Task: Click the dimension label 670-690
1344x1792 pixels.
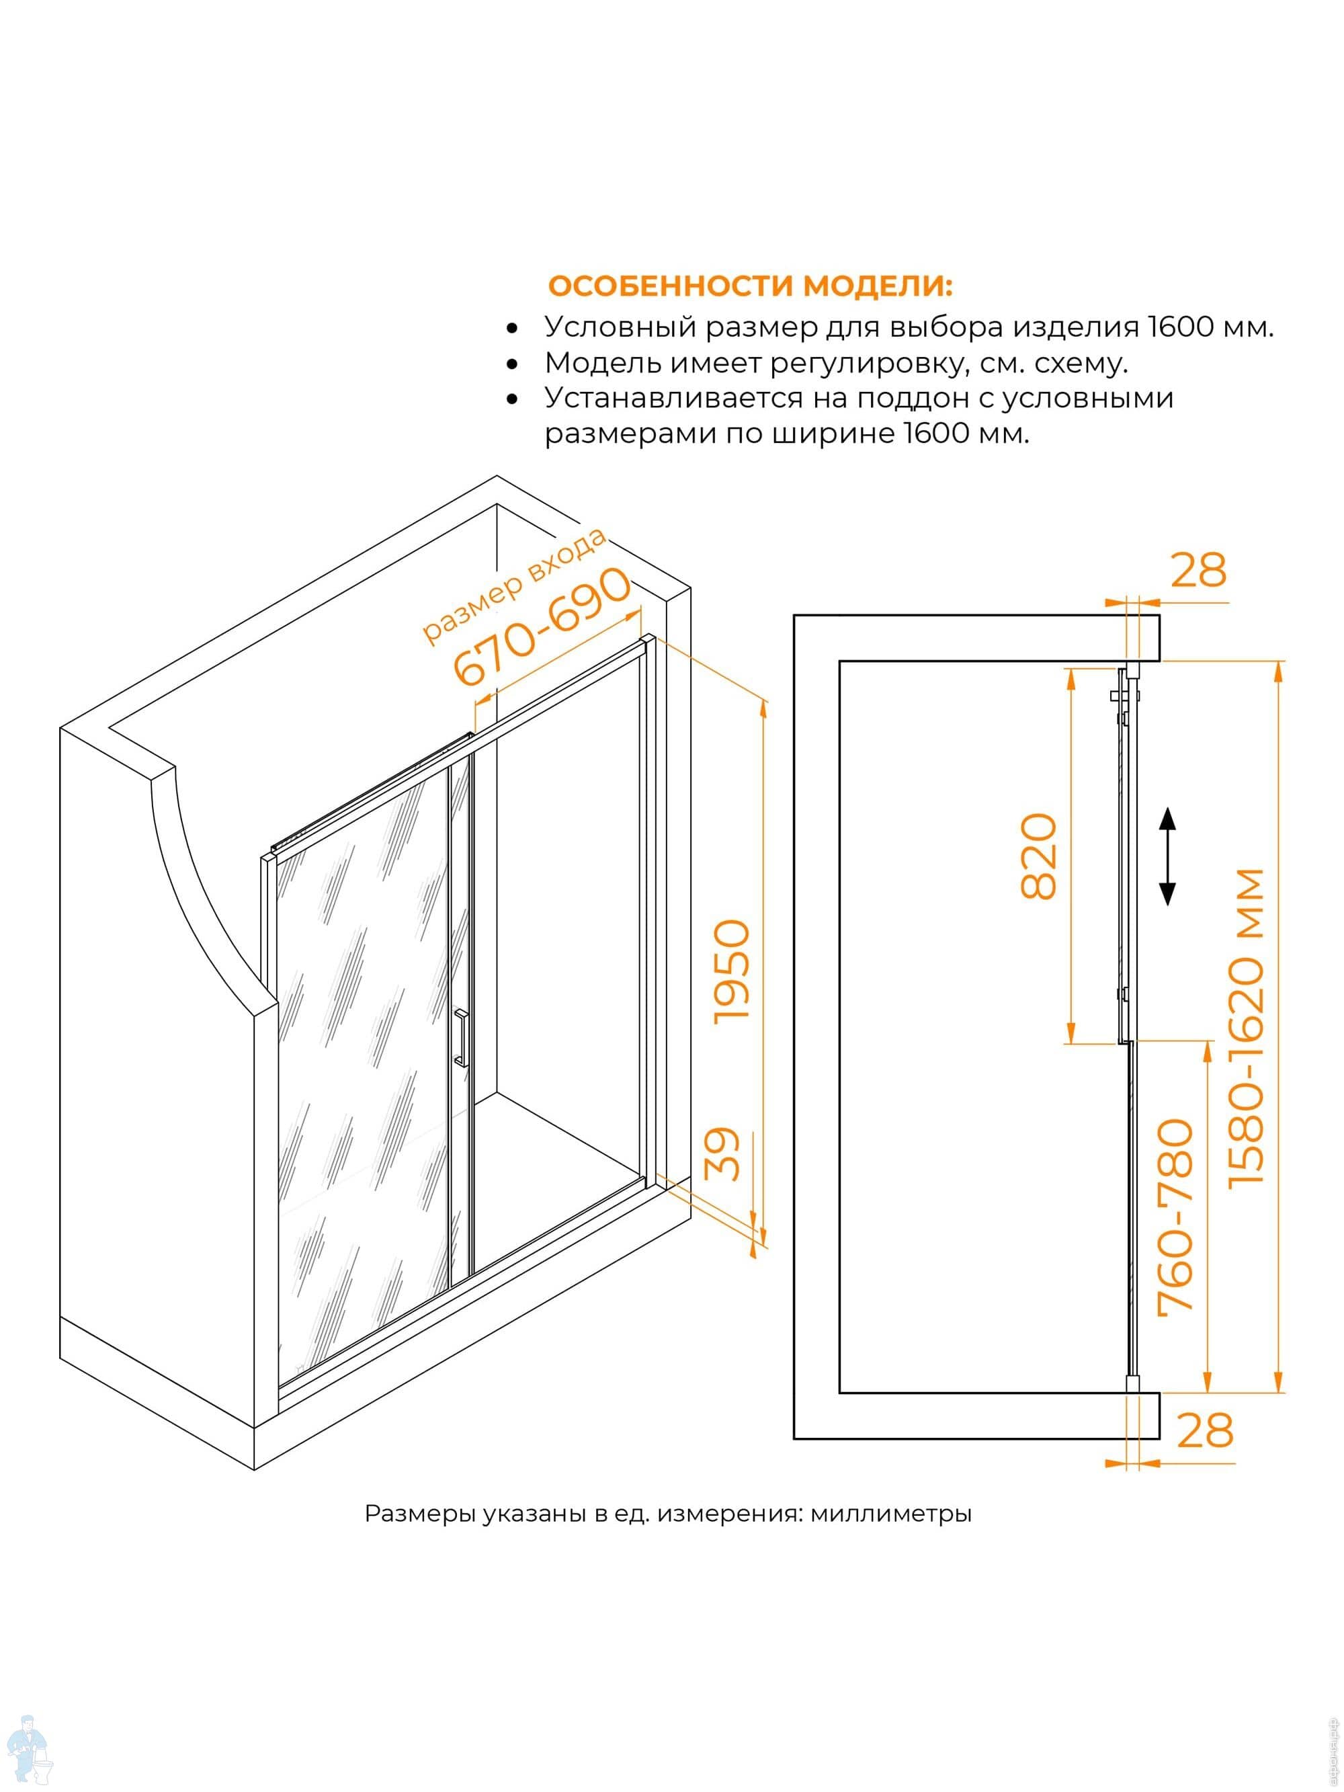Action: [541, 626]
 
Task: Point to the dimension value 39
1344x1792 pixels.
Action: [722, 1153]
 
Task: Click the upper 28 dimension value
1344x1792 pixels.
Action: [1199, 569]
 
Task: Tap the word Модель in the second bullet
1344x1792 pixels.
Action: [597, 363]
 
